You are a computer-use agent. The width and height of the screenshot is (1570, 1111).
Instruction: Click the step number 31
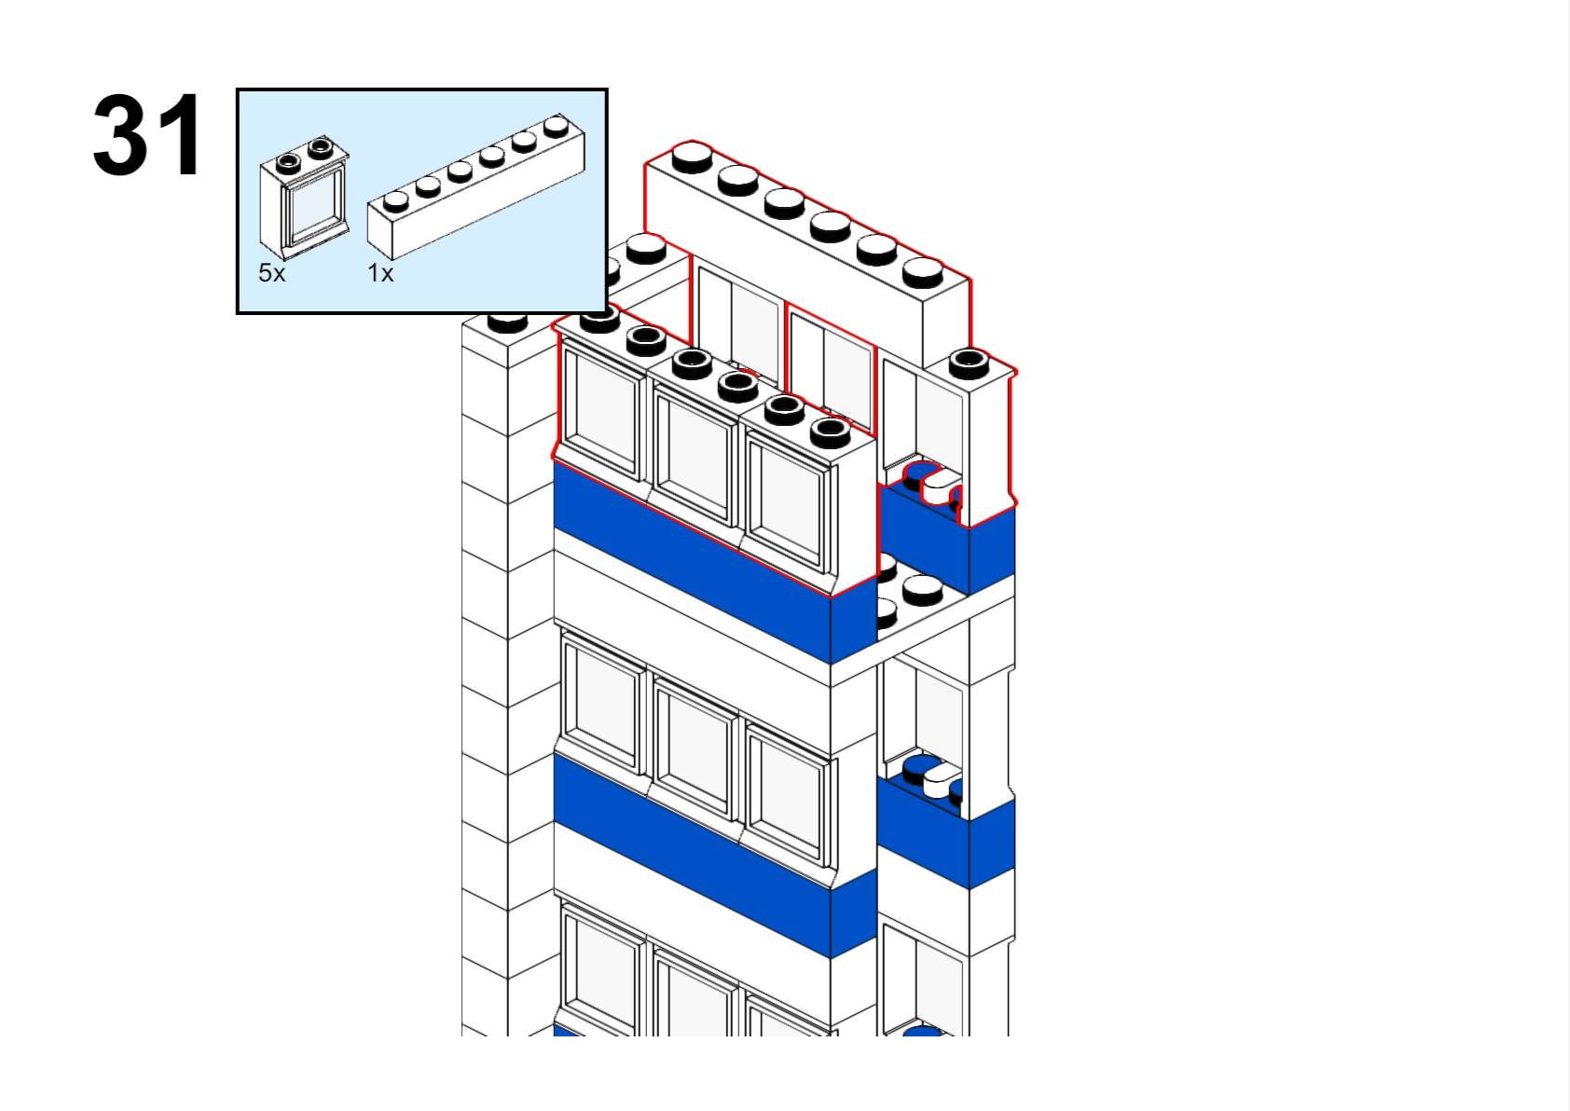[x=147, y=136]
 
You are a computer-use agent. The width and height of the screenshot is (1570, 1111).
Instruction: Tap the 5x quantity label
[x=271, y=273]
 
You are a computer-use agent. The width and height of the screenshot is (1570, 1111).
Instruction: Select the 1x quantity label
[x=380, y=273]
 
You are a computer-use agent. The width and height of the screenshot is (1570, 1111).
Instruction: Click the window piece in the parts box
[x=305, y=198]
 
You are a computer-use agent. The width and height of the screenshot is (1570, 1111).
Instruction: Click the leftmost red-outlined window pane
[x=601, y=408]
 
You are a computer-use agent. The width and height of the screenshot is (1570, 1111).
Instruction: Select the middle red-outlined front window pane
[x=694, y=455]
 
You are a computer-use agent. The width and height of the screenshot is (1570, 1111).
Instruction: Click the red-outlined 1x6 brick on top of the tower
[x=806, y=242]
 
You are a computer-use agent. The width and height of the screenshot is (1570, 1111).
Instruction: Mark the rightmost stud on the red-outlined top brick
[x=923, y=269]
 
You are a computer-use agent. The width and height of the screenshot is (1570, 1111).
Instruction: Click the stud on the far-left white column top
[x=508, y=320]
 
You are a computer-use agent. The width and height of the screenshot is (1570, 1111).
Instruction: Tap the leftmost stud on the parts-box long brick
[x=396, y=199]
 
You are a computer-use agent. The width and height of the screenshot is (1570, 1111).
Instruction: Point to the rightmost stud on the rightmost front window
[x=830, y=430]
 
